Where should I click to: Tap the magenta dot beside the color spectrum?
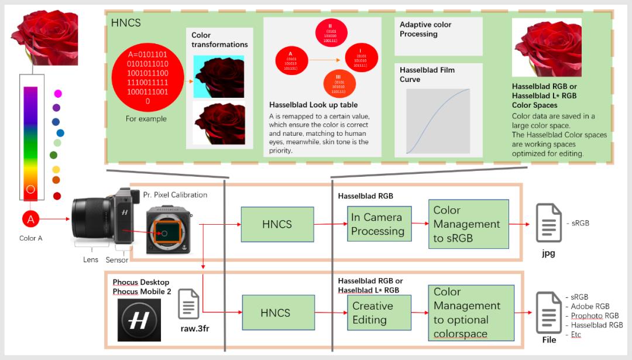click(x=58, y=94)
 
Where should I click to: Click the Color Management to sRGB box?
click(x=466, y=224)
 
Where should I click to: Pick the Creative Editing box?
click(x=379, y=313)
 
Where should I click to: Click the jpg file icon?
click(x=549, y=223)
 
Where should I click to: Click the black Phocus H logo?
click(x=139, y=320)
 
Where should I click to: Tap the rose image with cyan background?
click(x=218, y=76)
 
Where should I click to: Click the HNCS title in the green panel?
click(x=126, y=23)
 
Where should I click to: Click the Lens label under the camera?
click(x=91, y=259)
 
